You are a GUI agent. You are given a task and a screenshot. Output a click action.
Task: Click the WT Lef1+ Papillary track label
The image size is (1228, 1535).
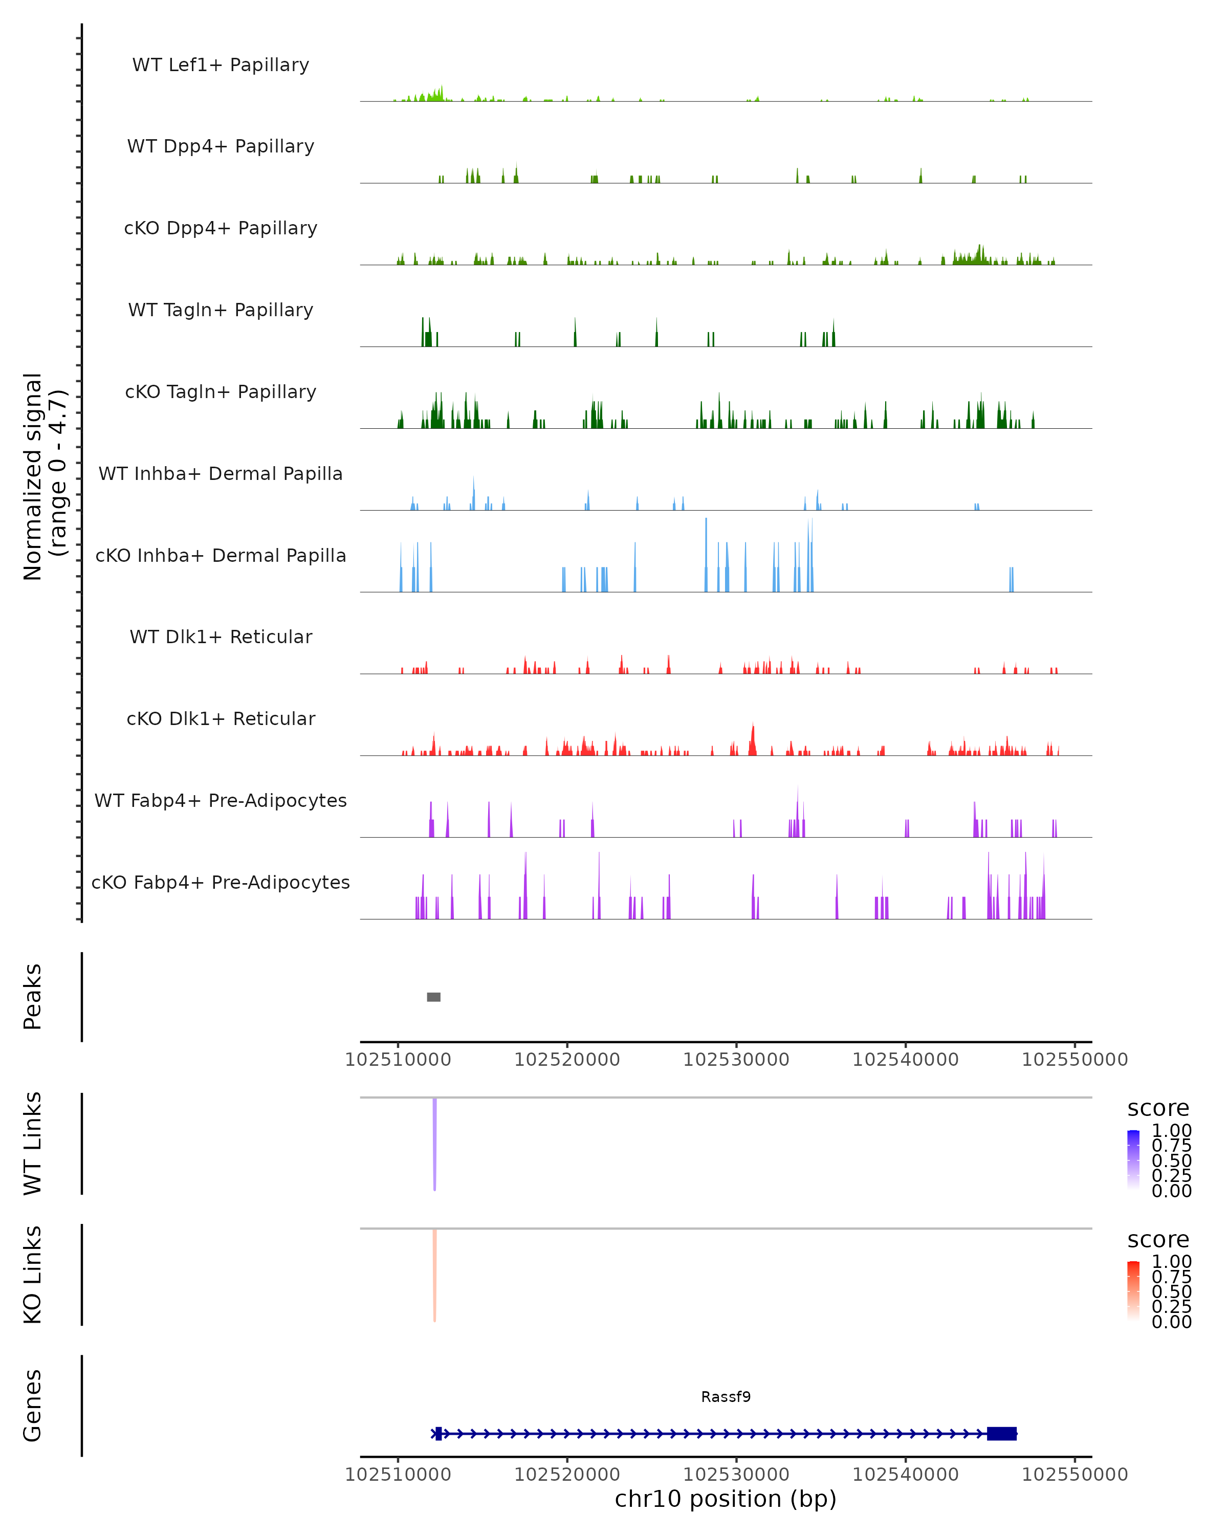click(221, 65)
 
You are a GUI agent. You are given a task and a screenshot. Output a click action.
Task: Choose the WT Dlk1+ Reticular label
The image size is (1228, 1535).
click(221, 637)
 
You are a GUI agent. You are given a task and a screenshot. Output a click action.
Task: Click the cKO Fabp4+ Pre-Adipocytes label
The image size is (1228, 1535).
click(221, 882)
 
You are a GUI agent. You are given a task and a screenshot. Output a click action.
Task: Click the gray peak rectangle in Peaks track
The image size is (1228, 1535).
click(433, 997)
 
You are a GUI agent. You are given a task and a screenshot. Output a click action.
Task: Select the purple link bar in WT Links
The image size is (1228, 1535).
click(434, 1144)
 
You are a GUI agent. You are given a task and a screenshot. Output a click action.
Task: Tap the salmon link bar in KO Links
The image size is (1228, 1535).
click(434, 1275)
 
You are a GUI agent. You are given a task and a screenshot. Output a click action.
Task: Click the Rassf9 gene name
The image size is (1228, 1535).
click(726, 1397)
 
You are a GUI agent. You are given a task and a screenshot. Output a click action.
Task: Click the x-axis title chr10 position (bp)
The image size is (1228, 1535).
click(726, 1499)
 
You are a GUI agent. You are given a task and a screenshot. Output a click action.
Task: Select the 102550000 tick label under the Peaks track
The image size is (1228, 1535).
click(1074, 1060)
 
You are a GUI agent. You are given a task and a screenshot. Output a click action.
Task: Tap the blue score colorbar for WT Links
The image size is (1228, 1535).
click(1133, 1159)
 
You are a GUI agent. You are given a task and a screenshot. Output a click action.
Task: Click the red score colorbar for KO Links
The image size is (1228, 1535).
click(1133, 1291)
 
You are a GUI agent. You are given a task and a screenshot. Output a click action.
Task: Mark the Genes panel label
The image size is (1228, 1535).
click(32, 1406)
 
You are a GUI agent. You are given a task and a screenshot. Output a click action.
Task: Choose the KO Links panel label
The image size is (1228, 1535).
click(32, 1275)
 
